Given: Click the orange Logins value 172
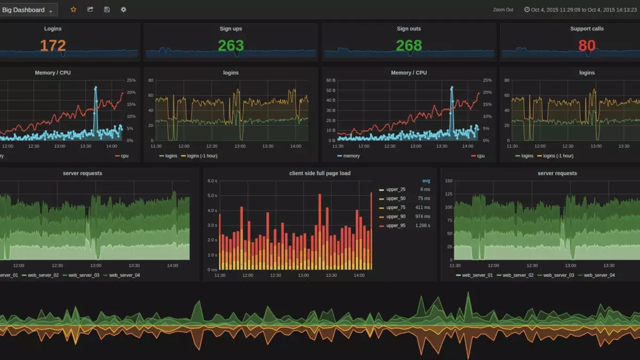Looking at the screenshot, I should (53, 46).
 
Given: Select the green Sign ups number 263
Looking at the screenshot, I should (230, 46).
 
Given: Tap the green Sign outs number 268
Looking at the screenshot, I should (409, 46).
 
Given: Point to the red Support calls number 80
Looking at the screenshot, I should (587, 46).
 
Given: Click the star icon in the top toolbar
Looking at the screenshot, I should (74, 10).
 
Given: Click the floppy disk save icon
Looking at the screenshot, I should (107, 10).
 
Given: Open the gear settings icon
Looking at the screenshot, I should (123, 10).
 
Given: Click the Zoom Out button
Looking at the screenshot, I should (503, 10).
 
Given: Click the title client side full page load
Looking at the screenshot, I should (319, 173).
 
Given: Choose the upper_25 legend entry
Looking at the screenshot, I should (395, 189).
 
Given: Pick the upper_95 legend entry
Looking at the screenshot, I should (395, 226).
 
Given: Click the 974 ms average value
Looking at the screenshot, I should (422, 217).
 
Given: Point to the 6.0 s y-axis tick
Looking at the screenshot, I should (212, 181).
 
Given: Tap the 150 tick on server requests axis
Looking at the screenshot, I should (448, 181).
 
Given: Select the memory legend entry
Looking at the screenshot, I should (351, 156).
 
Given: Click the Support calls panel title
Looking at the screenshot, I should (587, 29).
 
